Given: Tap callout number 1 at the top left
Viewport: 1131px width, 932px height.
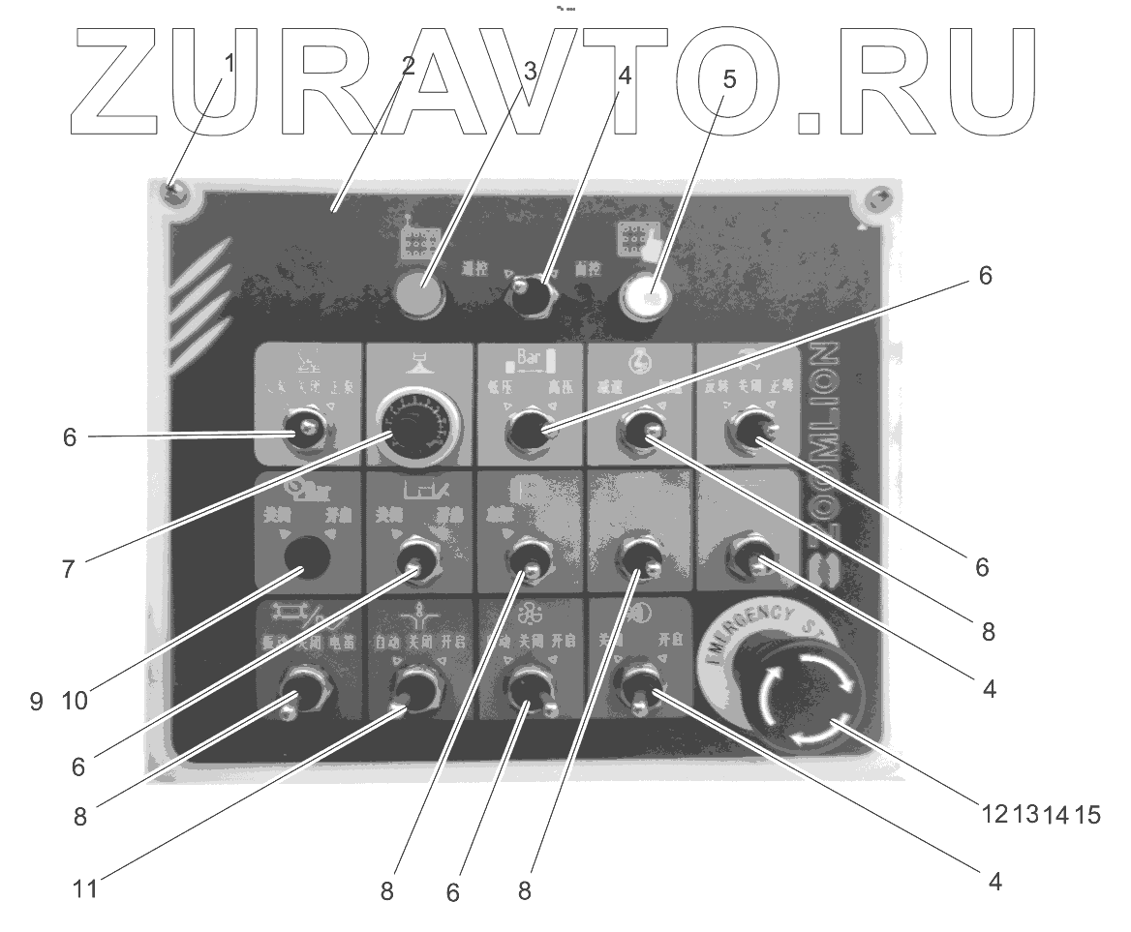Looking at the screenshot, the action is pos(229,63).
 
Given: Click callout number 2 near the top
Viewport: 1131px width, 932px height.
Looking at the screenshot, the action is pos(407,67).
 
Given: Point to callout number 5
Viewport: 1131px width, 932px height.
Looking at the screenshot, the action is pos(729,79).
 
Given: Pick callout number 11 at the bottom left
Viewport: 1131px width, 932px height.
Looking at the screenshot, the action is pos(85,887).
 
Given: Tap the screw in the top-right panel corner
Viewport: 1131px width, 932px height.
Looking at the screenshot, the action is pos(877,200).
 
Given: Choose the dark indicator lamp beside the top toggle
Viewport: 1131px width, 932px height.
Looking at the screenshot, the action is pos(422,295).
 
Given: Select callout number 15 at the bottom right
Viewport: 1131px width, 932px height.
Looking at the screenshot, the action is pos(1086,815).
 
